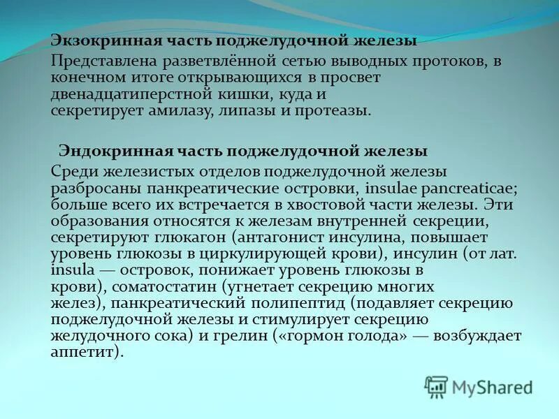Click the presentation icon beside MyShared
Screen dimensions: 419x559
437,386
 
